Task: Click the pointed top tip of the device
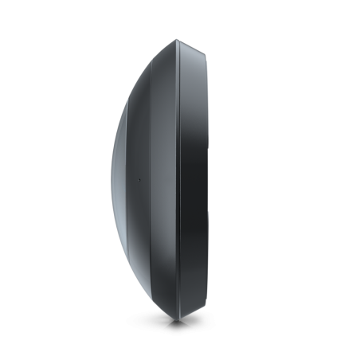point(177,40)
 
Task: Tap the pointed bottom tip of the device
point(177,320)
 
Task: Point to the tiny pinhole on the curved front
point(136,181)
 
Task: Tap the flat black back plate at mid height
point(195,180)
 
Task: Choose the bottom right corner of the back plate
point(209,305)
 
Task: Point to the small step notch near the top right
point(205,53)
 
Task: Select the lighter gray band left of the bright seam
point(165,180)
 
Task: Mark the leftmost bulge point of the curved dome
point(112,180)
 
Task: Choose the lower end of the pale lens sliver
point(121,231)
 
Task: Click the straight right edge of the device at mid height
point(209,180)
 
